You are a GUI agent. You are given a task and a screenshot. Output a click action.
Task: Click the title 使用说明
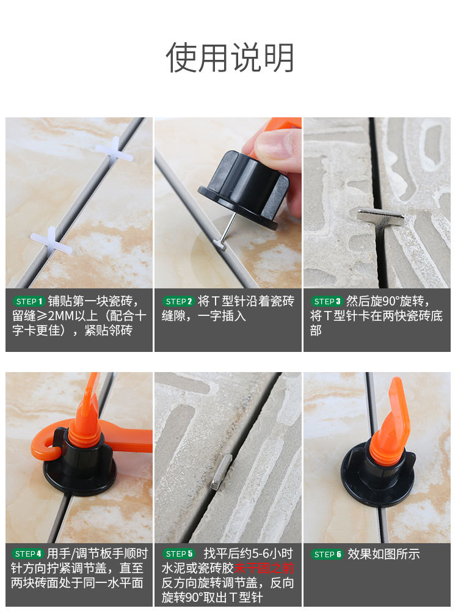230,59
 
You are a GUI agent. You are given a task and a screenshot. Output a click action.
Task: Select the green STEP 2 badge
179,301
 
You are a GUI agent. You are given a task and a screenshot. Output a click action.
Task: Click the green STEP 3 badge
327,301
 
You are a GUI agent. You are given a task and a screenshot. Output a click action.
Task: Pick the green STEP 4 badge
28,554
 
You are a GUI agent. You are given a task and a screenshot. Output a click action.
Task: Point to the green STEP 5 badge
179,554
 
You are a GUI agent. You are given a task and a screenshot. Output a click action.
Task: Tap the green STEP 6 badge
327,554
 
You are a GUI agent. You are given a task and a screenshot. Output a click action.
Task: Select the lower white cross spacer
51,240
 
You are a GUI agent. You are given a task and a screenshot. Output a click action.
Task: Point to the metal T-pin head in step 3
380,216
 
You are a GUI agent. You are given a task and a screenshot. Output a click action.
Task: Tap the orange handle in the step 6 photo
391,422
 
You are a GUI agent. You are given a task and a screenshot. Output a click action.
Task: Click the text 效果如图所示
383,554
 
